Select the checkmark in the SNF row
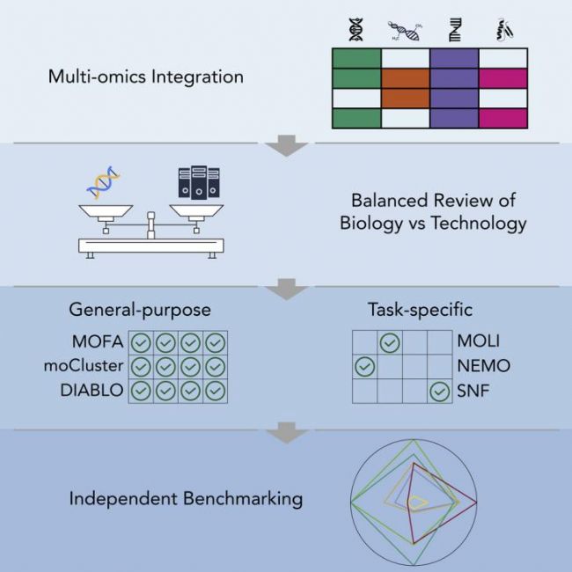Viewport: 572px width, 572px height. pyautogui.click(x=439, y=391)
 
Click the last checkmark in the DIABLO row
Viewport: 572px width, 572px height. pyautogui.click(x=216, y=391)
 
